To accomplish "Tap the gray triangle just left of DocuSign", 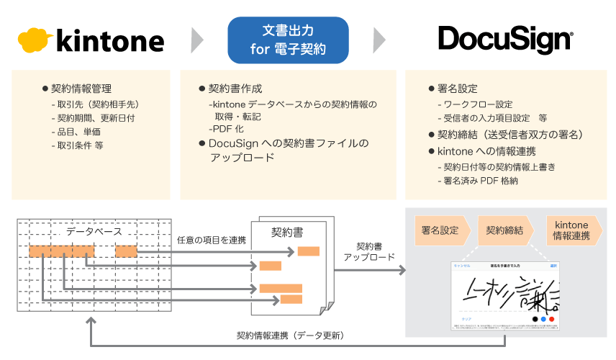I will click(x=379, y=40).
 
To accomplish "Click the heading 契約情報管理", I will click(x=81, y=89).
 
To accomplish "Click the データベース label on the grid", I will click(x=94, y=232).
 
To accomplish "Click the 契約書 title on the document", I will click(x=286, y=233).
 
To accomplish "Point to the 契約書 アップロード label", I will click(x=368, y=251).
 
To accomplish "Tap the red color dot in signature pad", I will click(x=551, y=319).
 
